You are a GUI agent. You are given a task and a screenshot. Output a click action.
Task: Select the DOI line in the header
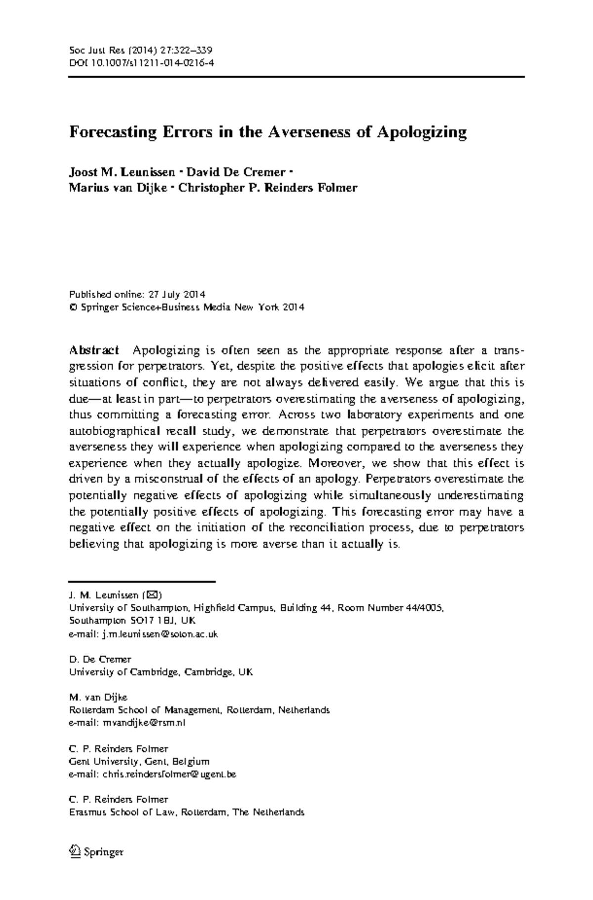141,63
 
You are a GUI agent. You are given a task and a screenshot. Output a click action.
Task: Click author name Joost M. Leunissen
122,172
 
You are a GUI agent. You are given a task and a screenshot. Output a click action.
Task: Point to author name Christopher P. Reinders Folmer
267,188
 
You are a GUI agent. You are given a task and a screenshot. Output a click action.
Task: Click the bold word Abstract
94,351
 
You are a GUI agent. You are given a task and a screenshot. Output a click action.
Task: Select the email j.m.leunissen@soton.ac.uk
160,633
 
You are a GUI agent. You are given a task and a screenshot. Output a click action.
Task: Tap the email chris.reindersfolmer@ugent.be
169,774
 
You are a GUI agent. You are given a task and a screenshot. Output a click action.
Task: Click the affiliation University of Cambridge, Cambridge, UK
161,672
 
